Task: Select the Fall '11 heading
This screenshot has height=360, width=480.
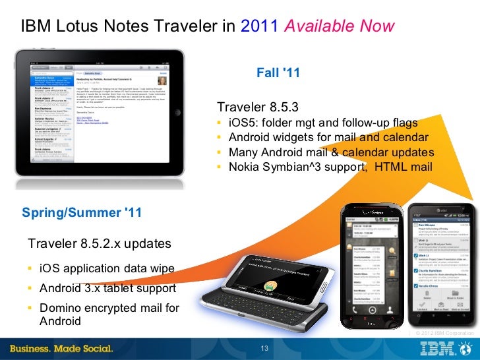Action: click(x=280, y=73)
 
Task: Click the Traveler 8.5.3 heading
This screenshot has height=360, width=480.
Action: click(x=258, y=107)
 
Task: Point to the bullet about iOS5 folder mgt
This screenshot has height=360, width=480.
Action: click(x=322, y=123)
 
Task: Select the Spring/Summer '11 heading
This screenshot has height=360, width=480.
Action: click(x=82, y=212)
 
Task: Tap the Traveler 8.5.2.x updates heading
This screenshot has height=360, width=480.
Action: click(x=100, y=244)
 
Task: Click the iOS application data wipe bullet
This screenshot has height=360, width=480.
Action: click(x=107, y=268)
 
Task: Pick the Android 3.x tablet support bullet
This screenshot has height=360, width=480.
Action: click(x=107, y=288)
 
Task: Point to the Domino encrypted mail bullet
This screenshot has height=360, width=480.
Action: click(x=109, y=308)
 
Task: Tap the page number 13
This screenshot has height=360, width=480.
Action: click(x=266, y=349)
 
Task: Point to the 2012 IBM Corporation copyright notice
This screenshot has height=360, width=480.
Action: click(x=444, y=334)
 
